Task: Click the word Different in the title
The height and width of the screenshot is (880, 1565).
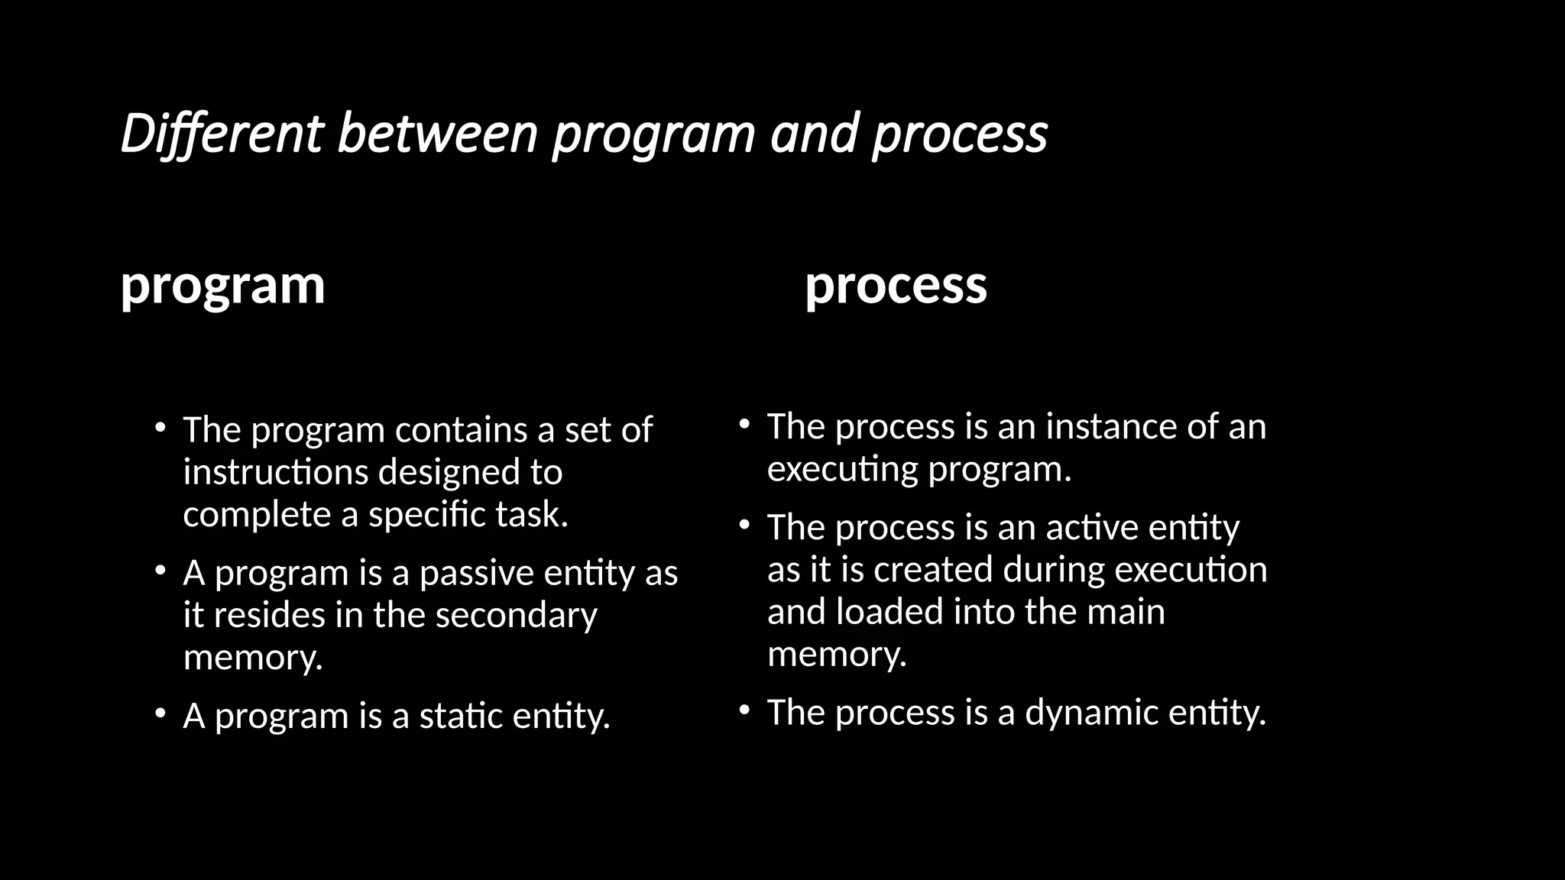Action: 222,134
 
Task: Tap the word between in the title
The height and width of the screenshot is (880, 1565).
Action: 438,134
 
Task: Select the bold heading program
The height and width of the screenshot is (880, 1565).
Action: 222,286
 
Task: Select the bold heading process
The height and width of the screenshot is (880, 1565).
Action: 896,286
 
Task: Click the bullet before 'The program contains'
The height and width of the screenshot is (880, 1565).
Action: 159,429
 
